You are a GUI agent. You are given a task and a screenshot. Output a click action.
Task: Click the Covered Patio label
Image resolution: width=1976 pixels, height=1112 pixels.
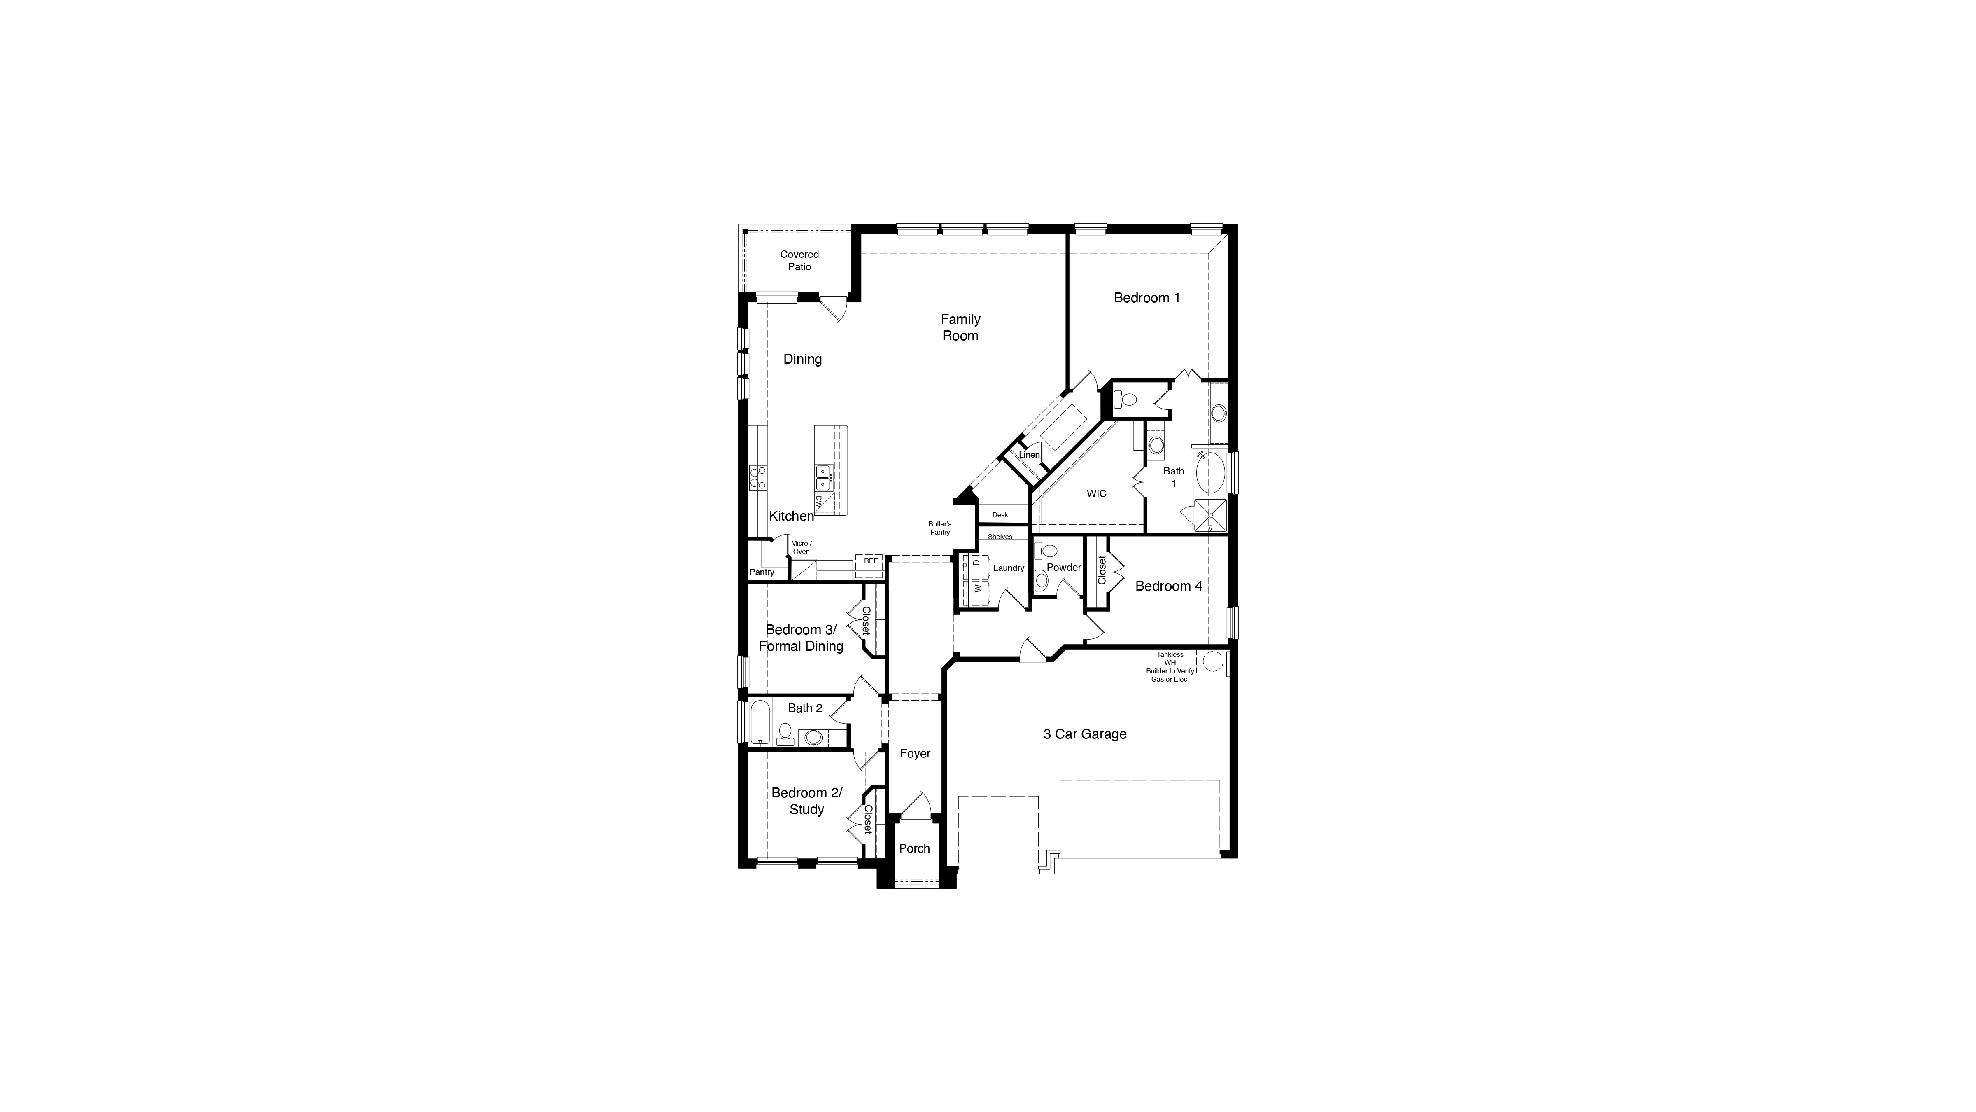click(799, 260)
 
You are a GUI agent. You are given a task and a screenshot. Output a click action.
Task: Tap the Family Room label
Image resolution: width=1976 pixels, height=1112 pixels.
click(960, 327)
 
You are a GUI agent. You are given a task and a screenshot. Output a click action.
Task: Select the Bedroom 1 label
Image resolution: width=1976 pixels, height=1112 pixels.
click(1147, 298)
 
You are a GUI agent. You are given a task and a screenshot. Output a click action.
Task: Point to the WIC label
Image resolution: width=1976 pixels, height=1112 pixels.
click(1096, 493)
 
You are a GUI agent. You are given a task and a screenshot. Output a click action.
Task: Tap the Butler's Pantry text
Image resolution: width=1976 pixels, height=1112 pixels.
click(940, 528)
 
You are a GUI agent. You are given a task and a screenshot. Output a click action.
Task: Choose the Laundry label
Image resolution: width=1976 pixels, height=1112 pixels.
click(1009, 568)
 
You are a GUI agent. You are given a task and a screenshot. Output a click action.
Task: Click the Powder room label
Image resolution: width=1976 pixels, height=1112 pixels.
click(1064, 568)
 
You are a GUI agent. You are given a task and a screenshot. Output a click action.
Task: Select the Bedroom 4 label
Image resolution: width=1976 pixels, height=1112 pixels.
click(1168, 586)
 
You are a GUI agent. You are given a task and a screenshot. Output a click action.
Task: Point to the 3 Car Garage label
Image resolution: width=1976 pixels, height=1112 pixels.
click(1085, 734)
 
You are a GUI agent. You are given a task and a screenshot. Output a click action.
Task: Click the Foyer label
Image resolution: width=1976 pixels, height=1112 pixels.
click(915, 754)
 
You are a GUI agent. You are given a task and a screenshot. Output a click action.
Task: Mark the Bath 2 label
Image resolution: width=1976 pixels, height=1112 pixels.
click(805, 708)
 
